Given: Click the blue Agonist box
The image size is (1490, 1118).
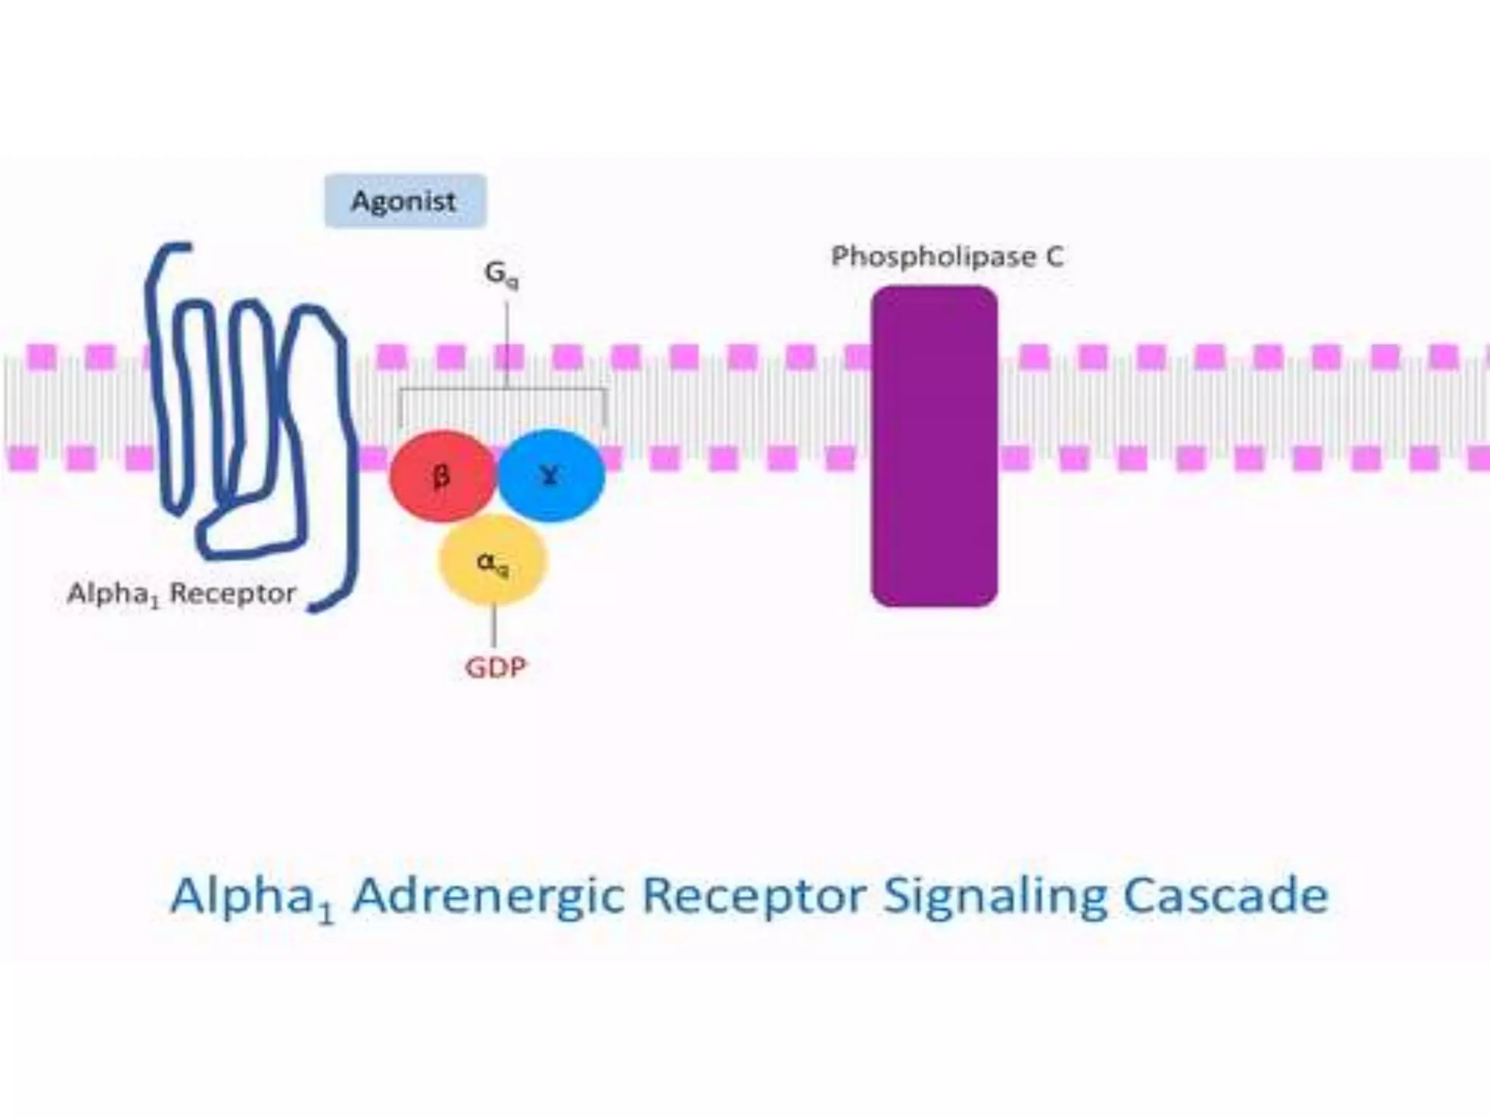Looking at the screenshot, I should click(x=405, y=201).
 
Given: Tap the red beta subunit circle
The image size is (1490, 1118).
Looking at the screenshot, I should click(x=442, y=477).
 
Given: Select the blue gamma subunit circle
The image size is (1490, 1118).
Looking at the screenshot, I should click(x=551, y=475).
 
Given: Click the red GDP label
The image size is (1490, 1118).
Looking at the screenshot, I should click(x=495, y=667).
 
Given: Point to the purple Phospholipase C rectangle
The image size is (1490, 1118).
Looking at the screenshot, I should click(x=934, y=446).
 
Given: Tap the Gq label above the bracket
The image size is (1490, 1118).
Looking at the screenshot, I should click(x=501, y=274).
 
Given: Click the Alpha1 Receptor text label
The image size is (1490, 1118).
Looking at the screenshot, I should click(x=182, y=595).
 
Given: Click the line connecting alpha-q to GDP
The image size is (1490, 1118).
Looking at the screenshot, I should click(x=495, y=626).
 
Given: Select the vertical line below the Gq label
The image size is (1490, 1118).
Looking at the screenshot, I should click(x=506, y=342).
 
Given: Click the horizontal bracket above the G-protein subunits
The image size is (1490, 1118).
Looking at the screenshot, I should click(x=502, y=390).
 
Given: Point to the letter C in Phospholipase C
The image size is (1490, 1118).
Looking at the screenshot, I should click(x=1054, y=256).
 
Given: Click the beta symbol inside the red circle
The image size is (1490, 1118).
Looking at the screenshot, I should click(x=441, y=477).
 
